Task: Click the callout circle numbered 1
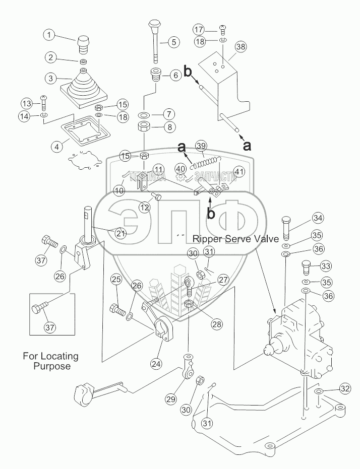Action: tap(49, 35)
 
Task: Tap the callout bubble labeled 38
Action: tap(241, 47)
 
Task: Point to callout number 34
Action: tap(317, 218)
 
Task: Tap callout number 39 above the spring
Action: tap(201, 146)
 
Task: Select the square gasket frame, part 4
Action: tap(85, 126)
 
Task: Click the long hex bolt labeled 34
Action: tap(287, 228)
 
